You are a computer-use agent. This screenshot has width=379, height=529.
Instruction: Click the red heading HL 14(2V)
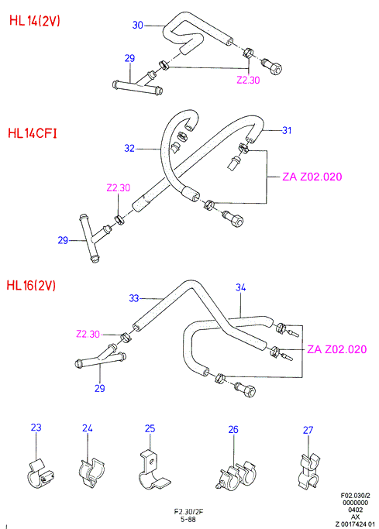[x=35, y=21]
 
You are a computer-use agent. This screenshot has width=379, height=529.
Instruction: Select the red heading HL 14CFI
[x=33, y=133]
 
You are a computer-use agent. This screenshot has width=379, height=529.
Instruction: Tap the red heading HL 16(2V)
[x=31, y=286]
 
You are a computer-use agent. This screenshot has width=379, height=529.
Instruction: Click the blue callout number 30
[x=138, y=25]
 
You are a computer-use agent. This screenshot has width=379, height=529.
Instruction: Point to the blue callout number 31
[x=287, y=130]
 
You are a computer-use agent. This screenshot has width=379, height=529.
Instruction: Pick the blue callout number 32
[x=129, y=148]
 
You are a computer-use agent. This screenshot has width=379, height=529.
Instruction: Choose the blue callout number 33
[x=134, y=298]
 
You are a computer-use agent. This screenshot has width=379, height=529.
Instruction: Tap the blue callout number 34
[x=240, y=287]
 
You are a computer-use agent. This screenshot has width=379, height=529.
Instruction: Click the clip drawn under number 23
[x=40, y=472]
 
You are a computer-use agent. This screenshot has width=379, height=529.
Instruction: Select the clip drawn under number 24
[x=92, y=473]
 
